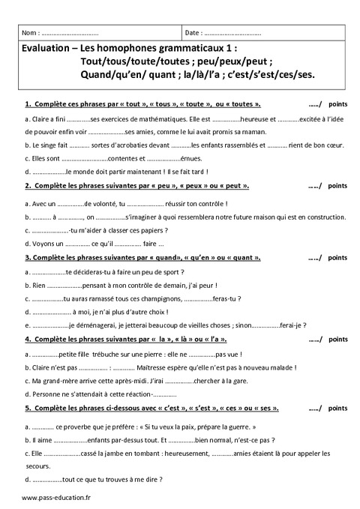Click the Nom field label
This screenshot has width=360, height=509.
31,34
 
